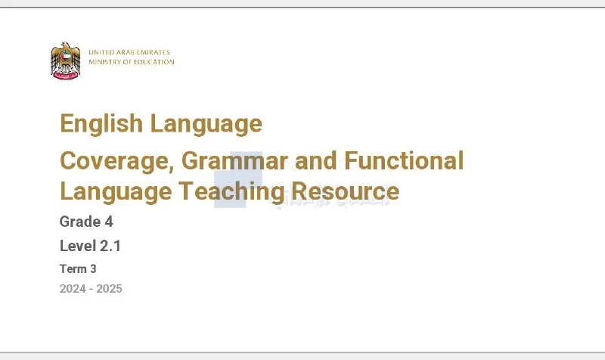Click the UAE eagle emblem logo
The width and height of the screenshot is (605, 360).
66,61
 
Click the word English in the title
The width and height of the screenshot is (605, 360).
101,123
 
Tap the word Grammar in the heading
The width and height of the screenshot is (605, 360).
234,160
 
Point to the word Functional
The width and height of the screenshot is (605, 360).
404,160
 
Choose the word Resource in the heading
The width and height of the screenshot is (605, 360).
346,191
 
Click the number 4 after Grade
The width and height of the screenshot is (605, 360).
109,222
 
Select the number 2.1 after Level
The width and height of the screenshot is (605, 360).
110,246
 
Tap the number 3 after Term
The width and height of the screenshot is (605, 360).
93,268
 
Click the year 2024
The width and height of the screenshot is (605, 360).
73,289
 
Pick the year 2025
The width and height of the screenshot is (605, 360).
109,289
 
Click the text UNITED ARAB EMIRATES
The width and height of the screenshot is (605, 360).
129,52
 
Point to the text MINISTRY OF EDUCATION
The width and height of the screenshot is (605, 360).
132,62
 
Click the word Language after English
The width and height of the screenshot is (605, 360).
206,124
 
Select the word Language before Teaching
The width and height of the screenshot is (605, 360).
116,192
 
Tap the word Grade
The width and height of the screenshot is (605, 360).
80,222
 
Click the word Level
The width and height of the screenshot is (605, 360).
78,246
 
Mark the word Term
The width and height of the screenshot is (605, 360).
73,268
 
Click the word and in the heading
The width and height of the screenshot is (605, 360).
315,160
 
